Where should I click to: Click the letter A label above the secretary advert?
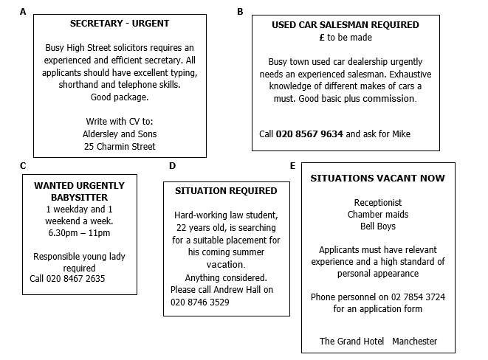[24, 12]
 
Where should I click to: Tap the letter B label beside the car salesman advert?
[240, 12]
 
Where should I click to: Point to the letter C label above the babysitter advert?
[24, 165]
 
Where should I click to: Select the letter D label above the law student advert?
[172, 165]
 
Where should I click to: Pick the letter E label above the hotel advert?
[293, 165]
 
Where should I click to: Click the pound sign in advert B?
[322, 37]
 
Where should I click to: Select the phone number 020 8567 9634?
[309, 134]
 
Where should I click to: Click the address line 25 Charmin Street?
[119, 146]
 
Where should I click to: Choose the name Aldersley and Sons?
[119, 134]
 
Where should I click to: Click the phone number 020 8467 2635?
[67, 279]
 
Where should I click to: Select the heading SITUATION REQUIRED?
[226, 190]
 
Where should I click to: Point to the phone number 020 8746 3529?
[199, 302]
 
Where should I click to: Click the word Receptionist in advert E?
[377, 202]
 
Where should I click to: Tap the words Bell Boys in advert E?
[377, 226]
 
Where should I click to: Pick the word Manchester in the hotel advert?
[414, 341]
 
